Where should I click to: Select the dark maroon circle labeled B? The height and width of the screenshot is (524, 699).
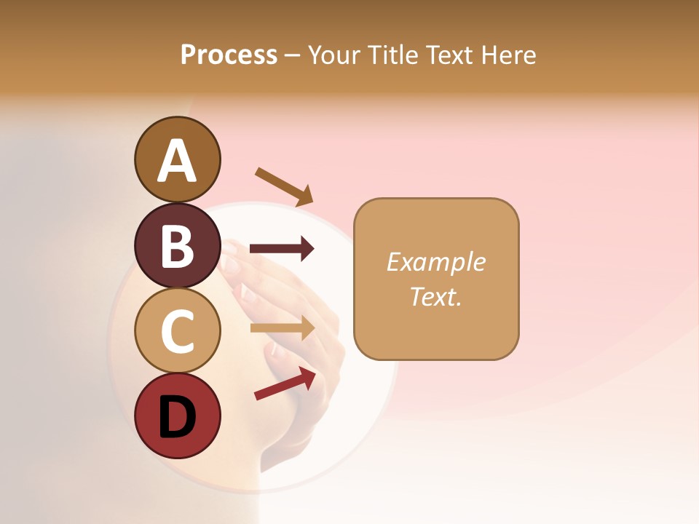point(177,245)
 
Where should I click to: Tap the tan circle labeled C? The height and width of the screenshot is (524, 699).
point(177,331)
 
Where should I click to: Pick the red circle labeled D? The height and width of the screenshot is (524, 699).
point(177,416)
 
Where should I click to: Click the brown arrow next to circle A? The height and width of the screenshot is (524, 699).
point(285,186)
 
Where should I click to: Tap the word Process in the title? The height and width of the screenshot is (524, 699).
point(229,55)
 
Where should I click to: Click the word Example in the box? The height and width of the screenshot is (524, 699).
point(435,262)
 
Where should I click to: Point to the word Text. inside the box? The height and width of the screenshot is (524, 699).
point(435,297)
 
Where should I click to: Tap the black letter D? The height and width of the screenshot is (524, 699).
point(177,418)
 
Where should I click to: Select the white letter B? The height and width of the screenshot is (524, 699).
point(177,247)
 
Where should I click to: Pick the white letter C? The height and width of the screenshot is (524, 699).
point(177,333)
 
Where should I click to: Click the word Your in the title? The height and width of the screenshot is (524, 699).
point(333,55)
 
